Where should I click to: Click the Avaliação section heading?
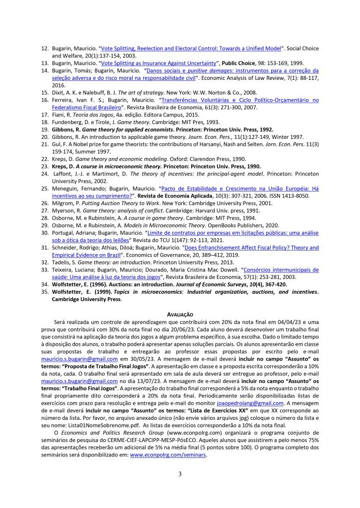[180, 315]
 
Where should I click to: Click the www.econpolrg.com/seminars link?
[168, 455]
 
